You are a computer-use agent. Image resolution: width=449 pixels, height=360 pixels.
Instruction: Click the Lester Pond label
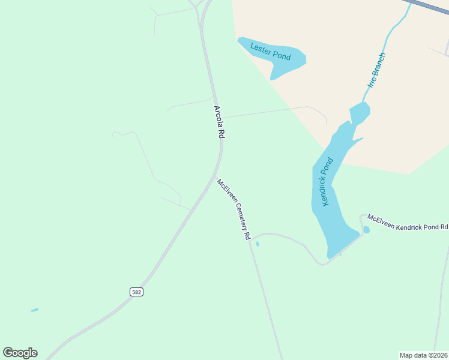coord(270,52)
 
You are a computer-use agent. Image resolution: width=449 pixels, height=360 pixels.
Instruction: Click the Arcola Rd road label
coord(218,123)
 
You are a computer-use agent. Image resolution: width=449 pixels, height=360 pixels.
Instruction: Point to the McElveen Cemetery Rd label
coord(234,209)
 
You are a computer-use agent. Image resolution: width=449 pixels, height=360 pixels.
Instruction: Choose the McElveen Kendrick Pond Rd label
coord(408,223)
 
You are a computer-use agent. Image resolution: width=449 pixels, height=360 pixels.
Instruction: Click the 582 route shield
coord(136,292)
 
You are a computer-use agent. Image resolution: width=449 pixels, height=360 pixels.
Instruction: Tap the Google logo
coord(20,353)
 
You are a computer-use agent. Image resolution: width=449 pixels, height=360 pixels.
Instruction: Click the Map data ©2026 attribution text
coord(423,355)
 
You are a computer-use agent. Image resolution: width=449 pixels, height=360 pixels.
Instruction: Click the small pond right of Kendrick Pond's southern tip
coord(366,230)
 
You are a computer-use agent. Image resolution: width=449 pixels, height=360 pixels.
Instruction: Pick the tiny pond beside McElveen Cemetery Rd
coord(258,244)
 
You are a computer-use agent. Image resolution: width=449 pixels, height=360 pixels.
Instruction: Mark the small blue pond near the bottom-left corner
coord(35,310)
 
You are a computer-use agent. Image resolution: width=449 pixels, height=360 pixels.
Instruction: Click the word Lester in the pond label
coord(261,49)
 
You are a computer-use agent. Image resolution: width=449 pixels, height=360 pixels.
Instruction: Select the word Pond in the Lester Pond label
coord(281,56)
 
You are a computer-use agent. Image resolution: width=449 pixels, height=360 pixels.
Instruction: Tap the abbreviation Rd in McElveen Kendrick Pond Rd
coord(444,227)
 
